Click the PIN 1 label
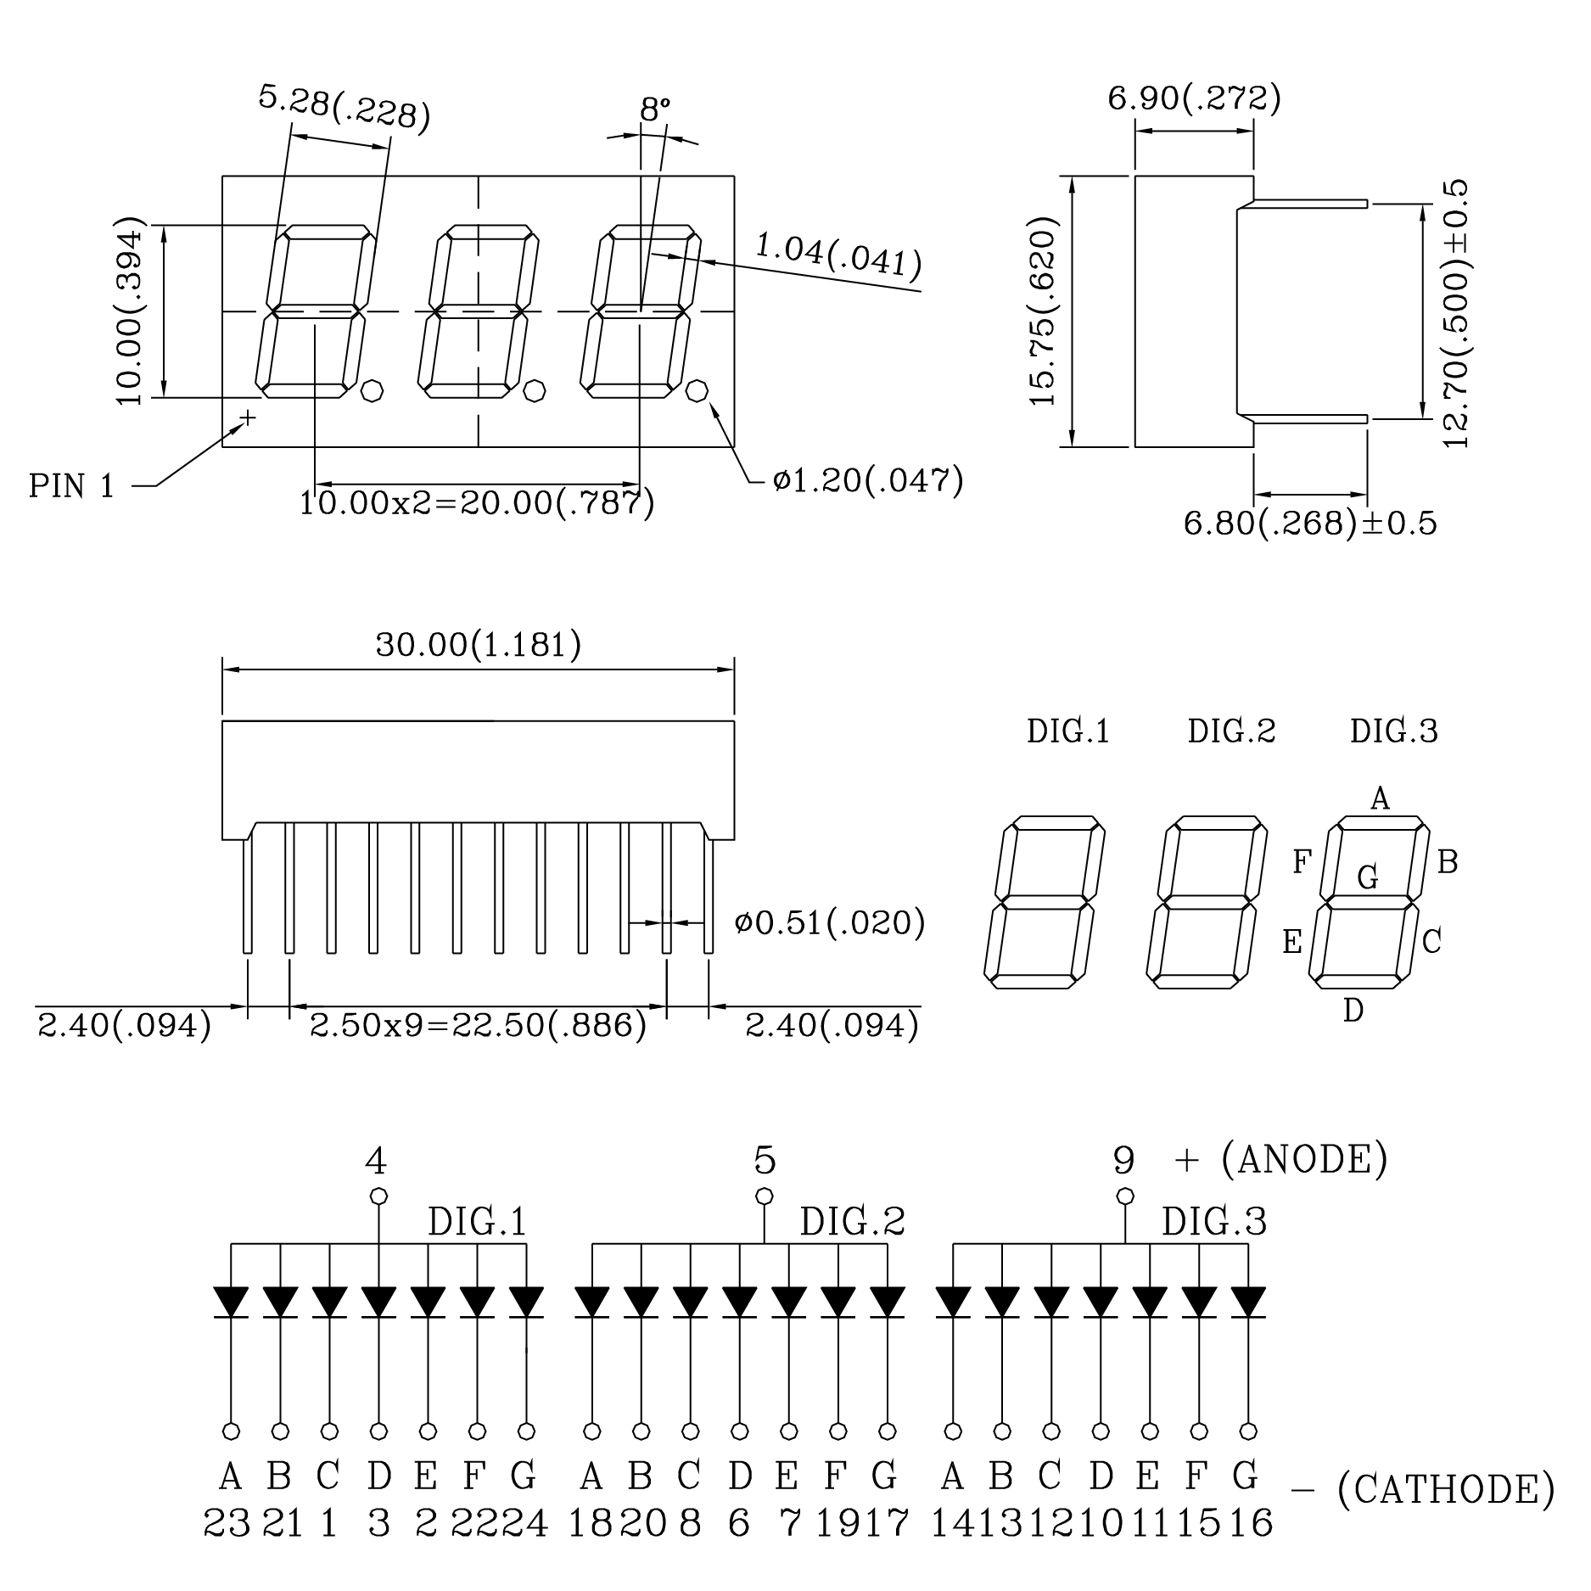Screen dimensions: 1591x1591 click(71, 486)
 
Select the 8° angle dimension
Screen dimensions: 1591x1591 click(654, 109)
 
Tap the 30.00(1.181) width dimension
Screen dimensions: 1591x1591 click(479, 645)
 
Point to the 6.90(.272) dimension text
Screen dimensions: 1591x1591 click(1194, 99)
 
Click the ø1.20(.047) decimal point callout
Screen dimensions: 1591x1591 click(868, 481)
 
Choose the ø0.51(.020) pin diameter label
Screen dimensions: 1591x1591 click(830, 922)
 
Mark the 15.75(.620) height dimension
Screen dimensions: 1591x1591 click(1042, 311)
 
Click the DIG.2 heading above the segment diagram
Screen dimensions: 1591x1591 click(1231, 731)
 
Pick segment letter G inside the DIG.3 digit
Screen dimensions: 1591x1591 click(1368, 877)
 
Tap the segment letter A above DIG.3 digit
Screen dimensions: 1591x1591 click(1381, 798)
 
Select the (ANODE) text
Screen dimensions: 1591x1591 click(1304, 1160)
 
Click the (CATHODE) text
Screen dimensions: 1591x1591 click(1445, 1489)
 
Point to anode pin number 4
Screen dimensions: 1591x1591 click(376, 1160)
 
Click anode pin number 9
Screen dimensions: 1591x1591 click(1123, 1160)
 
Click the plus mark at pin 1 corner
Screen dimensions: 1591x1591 click(248, 417)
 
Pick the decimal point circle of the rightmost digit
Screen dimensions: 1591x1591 click(697, 391)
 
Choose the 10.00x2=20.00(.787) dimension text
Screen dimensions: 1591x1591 click(477, 503)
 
